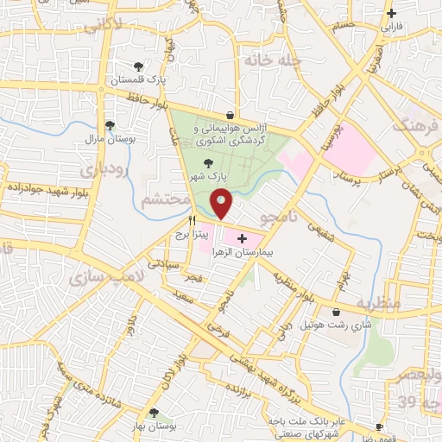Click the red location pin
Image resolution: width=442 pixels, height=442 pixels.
coord(222,205)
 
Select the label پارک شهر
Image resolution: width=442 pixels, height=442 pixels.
coord(207,175)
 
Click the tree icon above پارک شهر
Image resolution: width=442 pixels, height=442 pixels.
coord(206,161)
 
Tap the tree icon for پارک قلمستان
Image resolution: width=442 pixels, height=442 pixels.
coord(138,66)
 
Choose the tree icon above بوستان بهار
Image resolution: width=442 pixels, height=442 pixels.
coord(154,413)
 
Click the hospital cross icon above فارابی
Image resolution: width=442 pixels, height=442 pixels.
coord(393,13)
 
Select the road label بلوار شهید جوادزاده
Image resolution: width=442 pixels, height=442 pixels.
coord(42,186)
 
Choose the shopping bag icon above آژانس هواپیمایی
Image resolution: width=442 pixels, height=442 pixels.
coord(230,115)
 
